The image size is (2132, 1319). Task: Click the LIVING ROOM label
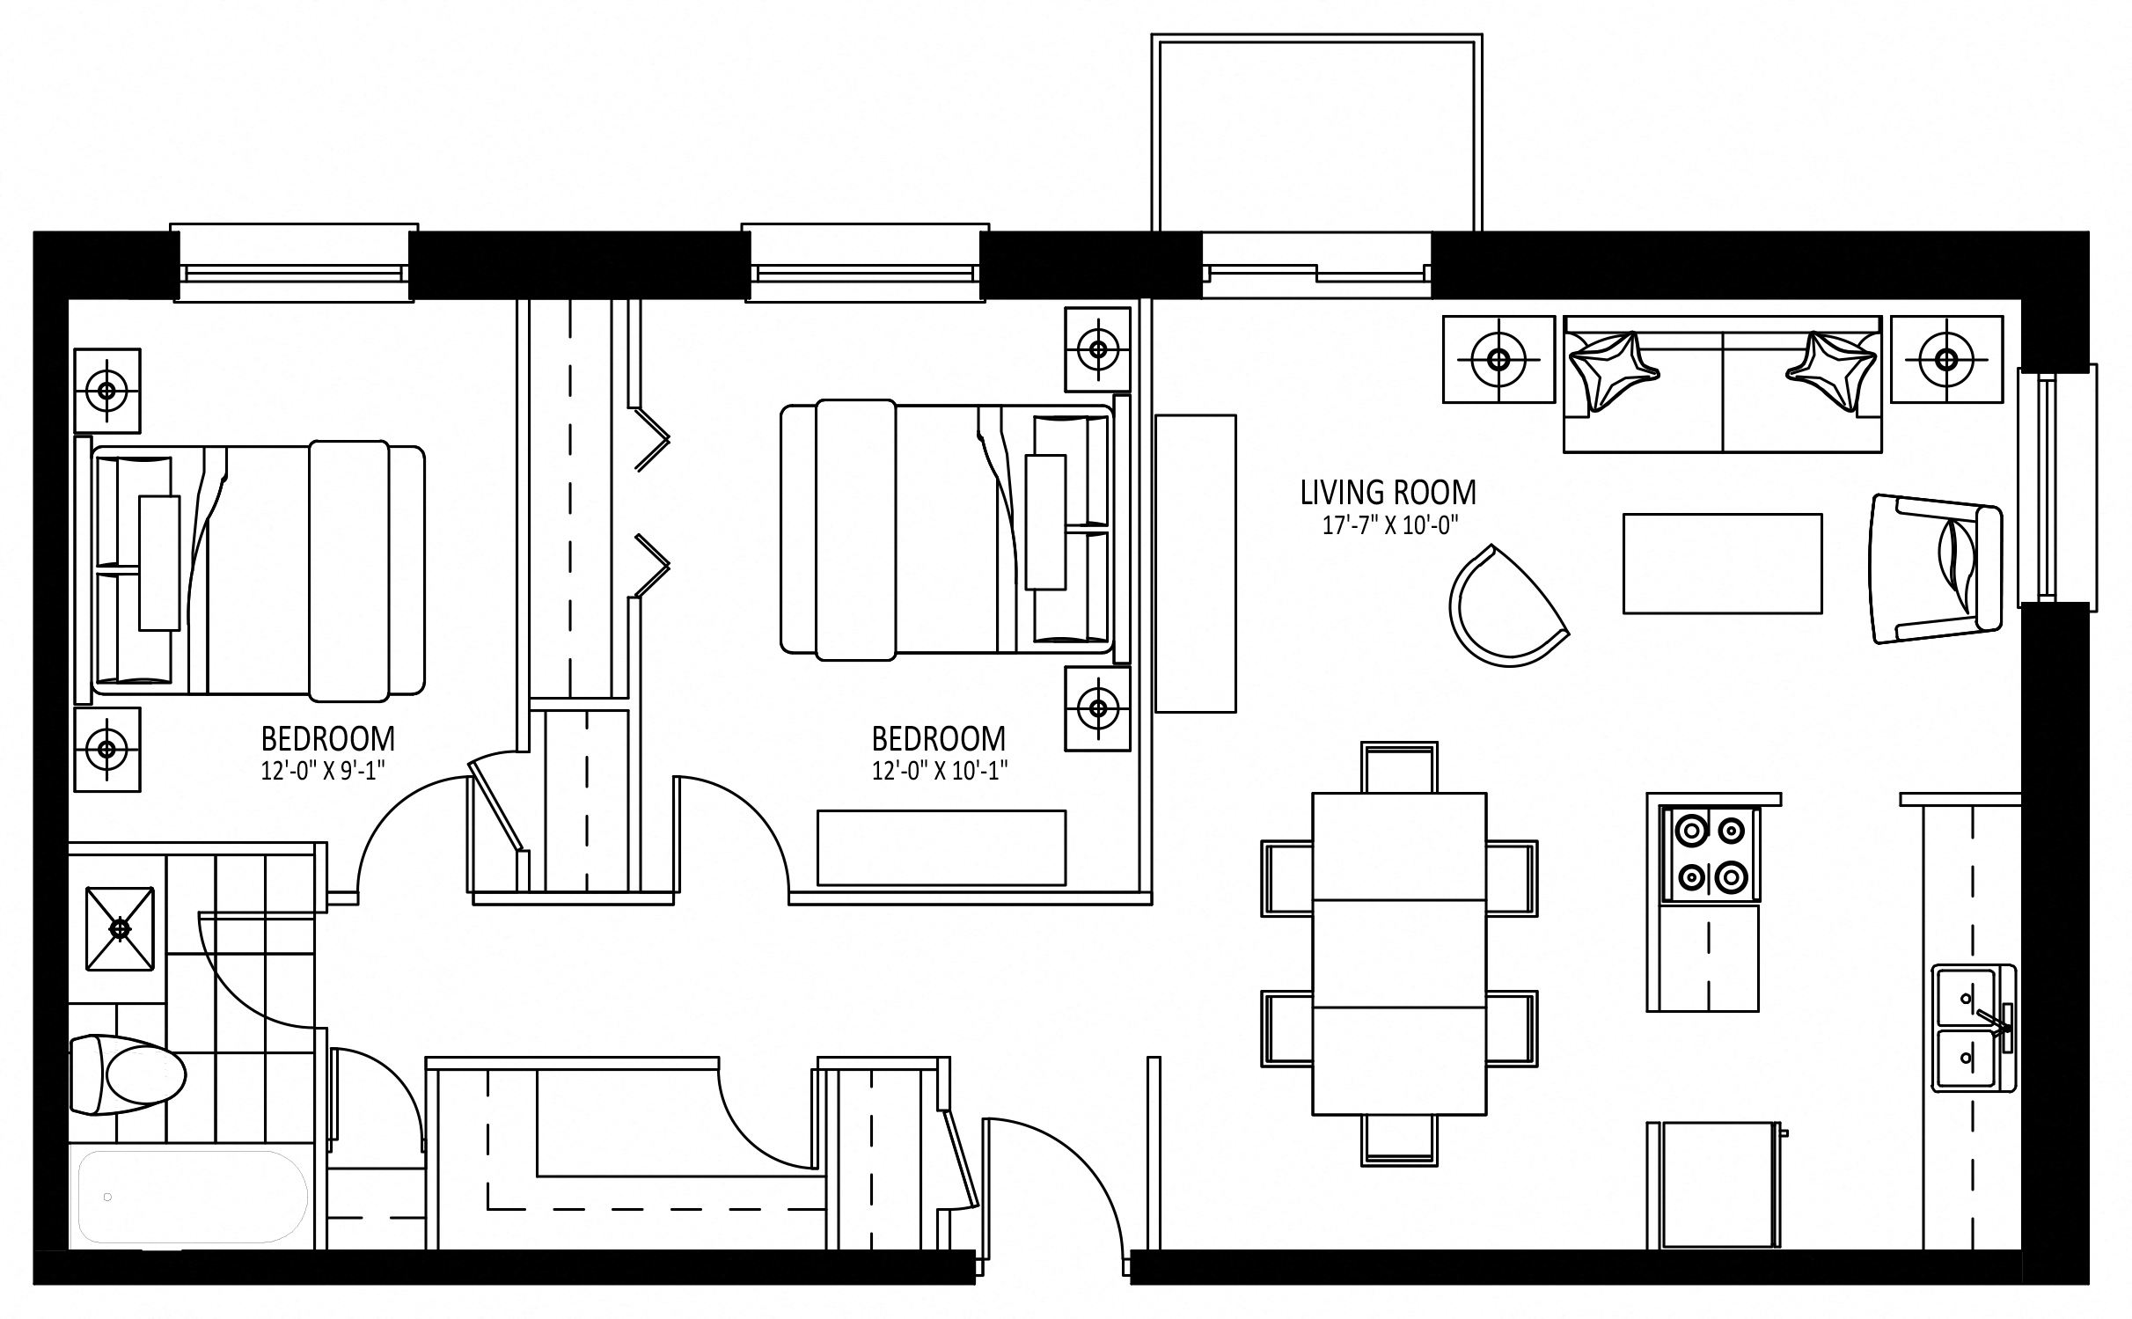click(1388, 492)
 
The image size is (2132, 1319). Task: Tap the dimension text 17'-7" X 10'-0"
click(1390, 526)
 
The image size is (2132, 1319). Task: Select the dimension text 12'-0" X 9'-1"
click(323, 771)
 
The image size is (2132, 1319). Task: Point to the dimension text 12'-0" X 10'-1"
click(939, 771)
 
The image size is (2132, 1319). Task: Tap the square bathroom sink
click(120, 929)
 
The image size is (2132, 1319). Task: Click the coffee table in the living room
click(1722, 563)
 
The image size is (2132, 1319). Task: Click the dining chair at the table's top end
click(1399, 767)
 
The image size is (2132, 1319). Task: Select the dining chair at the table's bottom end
click(1399, 1140)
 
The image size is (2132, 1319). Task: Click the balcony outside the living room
click(1316, 132)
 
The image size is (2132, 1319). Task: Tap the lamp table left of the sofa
click(1498, 359)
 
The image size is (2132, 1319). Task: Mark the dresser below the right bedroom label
click(941, 847)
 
